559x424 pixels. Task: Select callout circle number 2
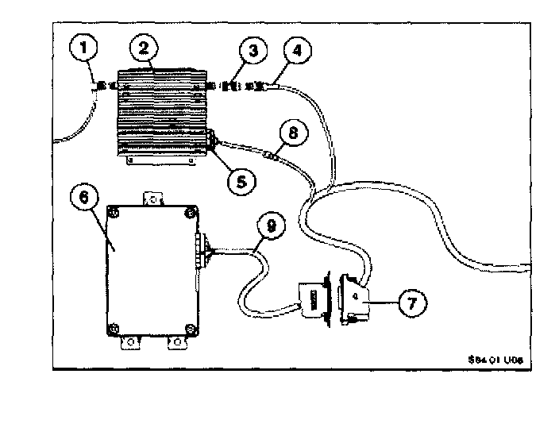tap(144, 47)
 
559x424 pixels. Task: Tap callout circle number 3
tap(252, 53)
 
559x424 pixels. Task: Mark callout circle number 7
tap(413, 302)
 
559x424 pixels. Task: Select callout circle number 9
tap(271, 226)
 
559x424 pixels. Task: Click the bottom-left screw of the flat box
tap(115, 327)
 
